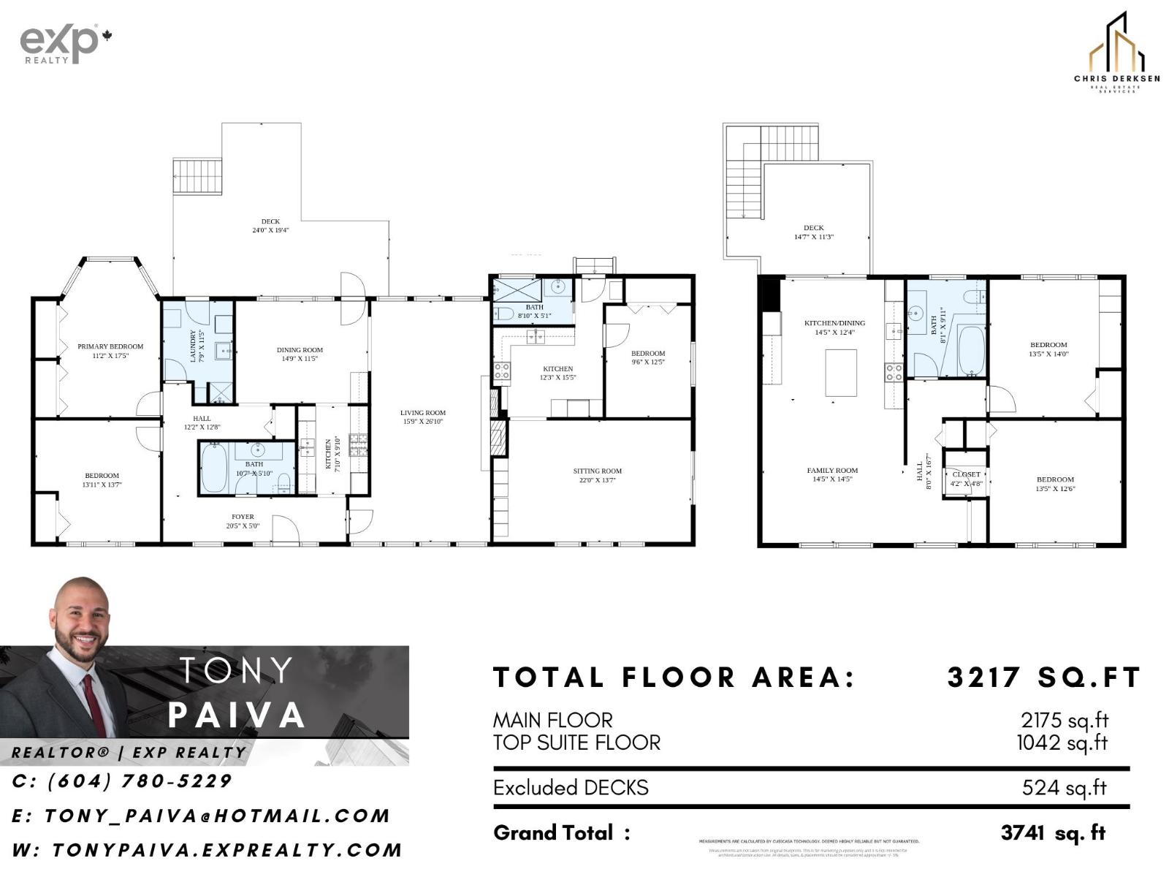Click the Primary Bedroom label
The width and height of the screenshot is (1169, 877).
pos(110,351)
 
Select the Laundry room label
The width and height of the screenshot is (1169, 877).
pos(194,346)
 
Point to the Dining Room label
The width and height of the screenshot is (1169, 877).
pos(300,354)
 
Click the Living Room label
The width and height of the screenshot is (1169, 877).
pos(422,417)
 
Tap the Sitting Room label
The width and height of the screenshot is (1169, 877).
pos(597,475)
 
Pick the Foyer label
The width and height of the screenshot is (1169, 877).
pos(243,520)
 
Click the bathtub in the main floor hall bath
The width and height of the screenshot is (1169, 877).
pos(214,468)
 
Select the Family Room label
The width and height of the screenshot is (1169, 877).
pos(832,474)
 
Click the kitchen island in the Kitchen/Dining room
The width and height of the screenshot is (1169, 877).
pos(841,373)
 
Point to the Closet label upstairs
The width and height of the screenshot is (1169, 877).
pos(966,478)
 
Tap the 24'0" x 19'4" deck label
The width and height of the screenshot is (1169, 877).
pos(270,225)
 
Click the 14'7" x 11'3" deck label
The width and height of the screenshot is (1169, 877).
pos(813,232)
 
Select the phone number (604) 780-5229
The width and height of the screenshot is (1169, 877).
pos(122,781)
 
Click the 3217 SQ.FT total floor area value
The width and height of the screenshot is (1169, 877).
pos(1044,677)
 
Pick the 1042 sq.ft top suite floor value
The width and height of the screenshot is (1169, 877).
pos(1062,743)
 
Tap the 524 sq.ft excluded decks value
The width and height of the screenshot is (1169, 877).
pos(1064,788)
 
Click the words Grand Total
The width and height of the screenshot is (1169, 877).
pos(553,832)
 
